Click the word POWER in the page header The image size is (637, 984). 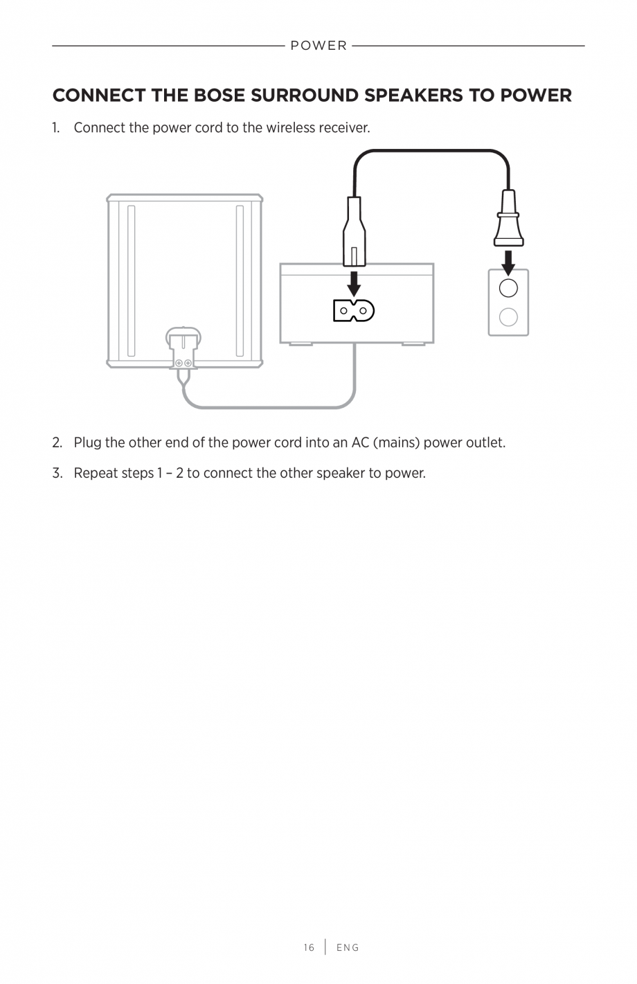coord(318,46)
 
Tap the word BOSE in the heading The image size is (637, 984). coord(218,96)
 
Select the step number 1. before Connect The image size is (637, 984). coord(57,128)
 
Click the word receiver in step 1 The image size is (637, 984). coord(343,128)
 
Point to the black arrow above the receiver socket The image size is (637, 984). coord(354,283)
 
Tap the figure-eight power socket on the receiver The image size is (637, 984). coord(354,310)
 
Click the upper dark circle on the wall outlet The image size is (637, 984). coord(508,288)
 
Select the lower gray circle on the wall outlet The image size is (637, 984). coord(508,317)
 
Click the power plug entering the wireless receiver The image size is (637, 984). coord(354,232)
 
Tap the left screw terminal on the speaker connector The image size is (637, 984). coord(179,363)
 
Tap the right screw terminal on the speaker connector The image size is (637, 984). coord(188,363)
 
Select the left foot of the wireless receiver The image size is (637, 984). coord(300,343)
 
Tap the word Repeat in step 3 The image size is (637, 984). coord(95,474)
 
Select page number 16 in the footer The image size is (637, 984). coord(309,947)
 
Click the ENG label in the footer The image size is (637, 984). coord(348,947)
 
